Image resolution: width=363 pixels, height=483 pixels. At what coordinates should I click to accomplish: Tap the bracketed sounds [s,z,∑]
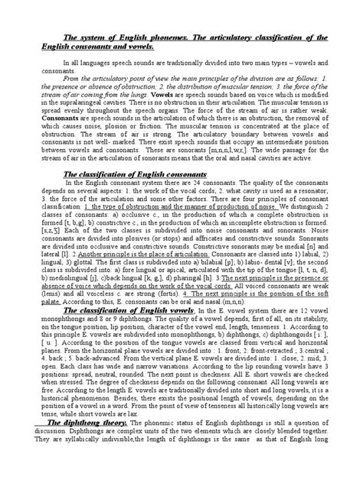click(39, 227)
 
